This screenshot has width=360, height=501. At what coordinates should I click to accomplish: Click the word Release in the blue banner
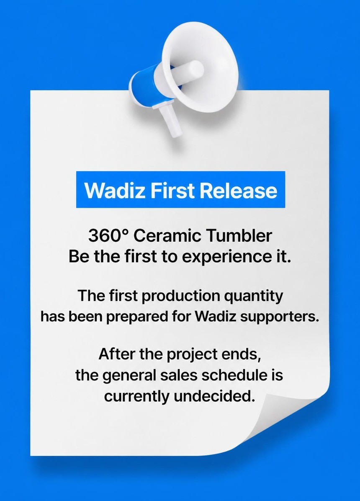tap(238, 190)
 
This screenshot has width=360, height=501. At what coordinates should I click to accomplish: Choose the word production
tap(182, 296)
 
